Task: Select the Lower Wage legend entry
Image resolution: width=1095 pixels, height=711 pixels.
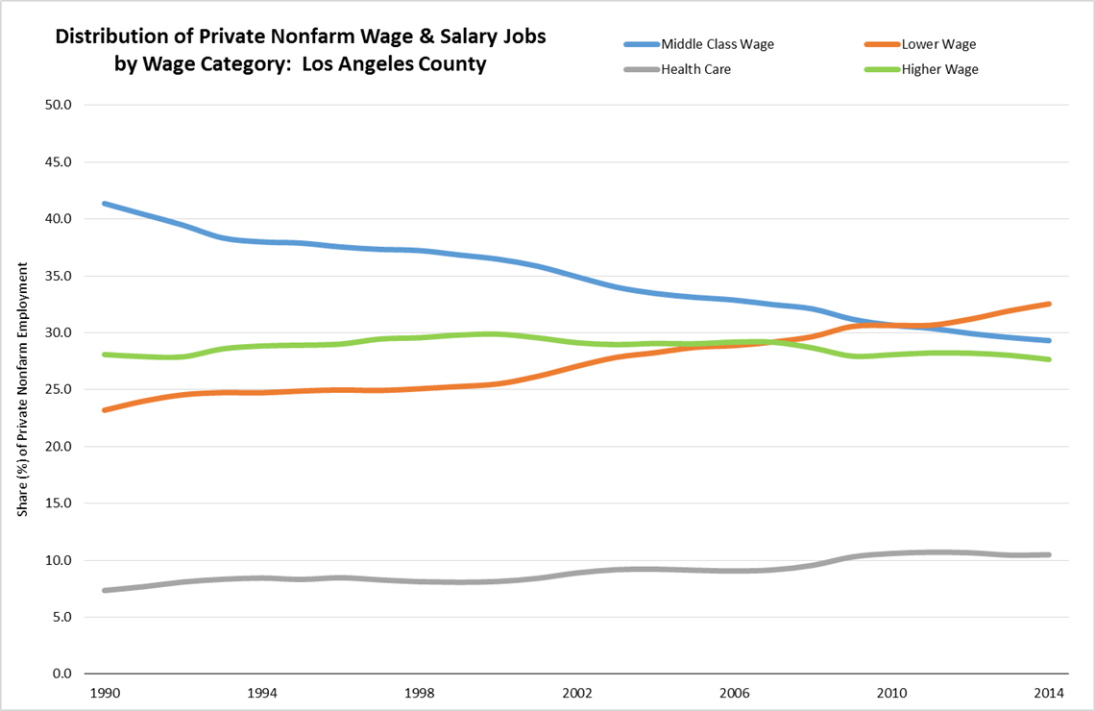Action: [937, 44]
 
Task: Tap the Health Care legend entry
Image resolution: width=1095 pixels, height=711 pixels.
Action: [695, 69]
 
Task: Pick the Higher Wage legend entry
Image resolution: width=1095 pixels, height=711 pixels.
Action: [939, 69]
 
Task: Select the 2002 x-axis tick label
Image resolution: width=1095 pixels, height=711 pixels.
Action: [577, 693]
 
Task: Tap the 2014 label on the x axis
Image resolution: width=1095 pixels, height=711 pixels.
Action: [1050, 693]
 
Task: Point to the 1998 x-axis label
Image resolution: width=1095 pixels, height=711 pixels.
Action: [419, 693]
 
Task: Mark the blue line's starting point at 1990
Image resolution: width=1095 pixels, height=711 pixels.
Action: [104, 204]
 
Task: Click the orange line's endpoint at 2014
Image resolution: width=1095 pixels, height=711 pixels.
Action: [1049, 304]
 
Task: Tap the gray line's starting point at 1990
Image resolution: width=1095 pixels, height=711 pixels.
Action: [104, 590]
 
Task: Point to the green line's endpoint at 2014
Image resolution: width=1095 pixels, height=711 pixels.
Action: [1049, 359]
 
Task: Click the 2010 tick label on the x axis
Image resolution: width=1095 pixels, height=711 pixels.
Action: [892, 693]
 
